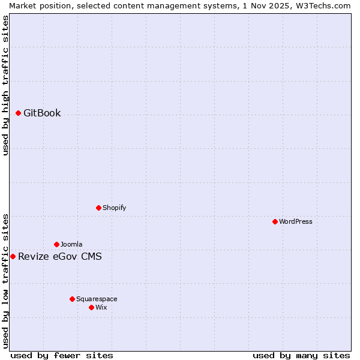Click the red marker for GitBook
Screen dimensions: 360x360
click(x=19, y=113)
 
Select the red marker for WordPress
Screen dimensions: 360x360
click(x=275, y=221)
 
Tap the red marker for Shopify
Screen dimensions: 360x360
click(x=98, y=208)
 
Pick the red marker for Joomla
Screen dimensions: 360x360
click(x=56, y=244)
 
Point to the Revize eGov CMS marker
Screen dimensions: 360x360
click(x=13, y=256)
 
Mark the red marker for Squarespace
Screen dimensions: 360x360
click(x=72, y=299)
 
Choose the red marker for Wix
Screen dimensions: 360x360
click(x=91, y=307)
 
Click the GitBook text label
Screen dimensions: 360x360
click(x=42, y=113)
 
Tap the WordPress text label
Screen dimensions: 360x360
click(x=296, y=221)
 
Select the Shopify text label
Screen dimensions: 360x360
click(x=114, y=208)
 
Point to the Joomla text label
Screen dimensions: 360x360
click(x=71, y=244)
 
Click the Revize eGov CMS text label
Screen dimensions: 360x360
click(x=60, y=257)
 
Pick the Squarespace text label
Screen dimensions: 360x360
click(x=97, y=299)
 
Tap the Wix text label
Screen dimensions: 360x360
click(x=101, y=307)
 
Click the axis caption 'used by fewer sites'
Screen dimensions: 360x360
click(x=62, y=355)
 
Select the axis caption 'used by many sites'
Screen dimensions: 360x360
click(x=301, y=355)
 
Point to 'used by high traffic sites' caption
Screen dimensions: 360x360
click(x=6, y=85)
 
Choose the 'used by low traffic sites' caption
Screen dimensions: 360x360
click(x=6, y=281)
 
